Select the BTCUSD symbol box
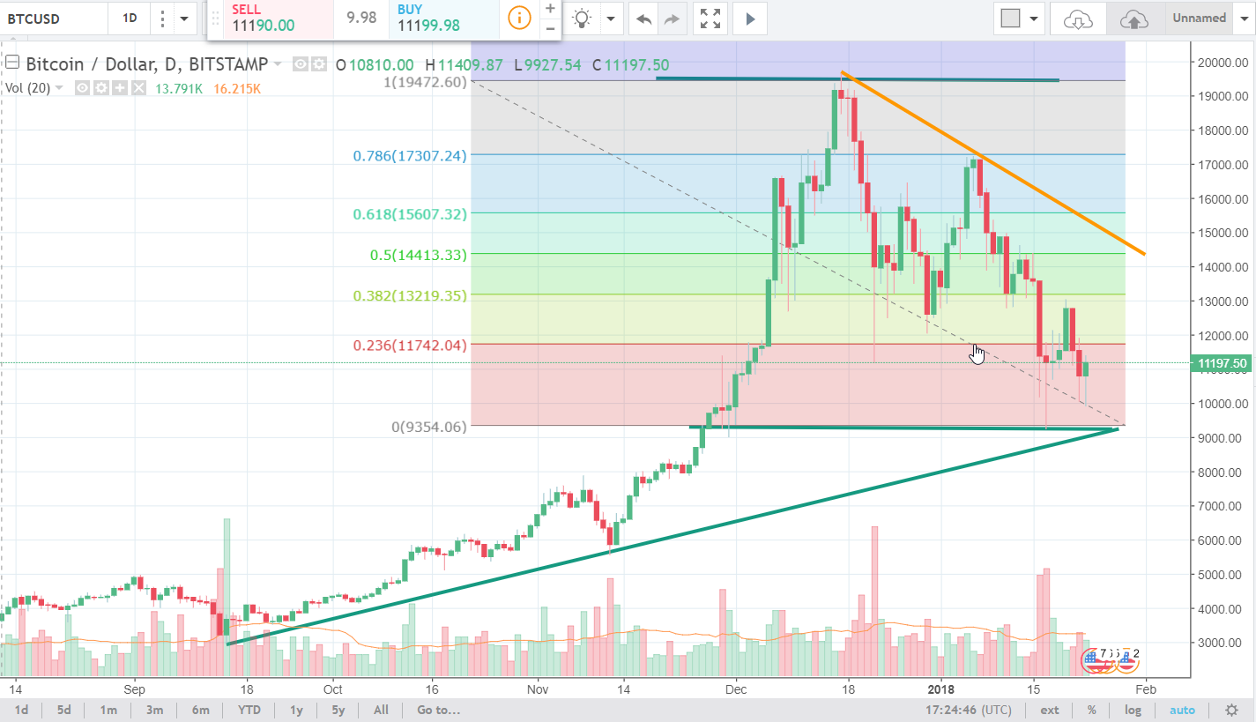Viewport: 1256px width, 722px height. click(x=53, y=18)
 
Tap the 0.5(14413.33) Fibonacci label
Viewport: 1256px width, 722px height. click(x=419, y=255)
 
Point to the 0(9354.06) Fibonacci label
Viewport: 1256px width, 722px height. click(x=429, y=427)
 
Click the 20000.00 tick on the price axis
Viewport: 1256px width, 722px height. click(x=1217, y=63)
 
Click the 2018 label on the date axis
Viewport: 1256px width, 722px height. click(x=940, y=689)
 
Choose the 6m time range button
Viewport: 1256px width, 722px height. click(x=200, y=710)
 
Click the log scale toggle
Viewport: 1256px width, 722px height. click(x=1133, y=710)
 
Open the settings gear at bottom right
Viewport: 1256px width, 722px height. click(x=1231, y=710)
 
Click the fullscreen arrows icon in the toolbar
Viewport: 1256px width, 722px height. click(x=710, y=18)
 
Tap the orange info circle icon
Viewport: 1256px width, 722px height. click(x=520, y=18)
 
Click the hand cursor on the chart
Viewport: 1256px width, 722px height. click(x=977, y=354)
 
